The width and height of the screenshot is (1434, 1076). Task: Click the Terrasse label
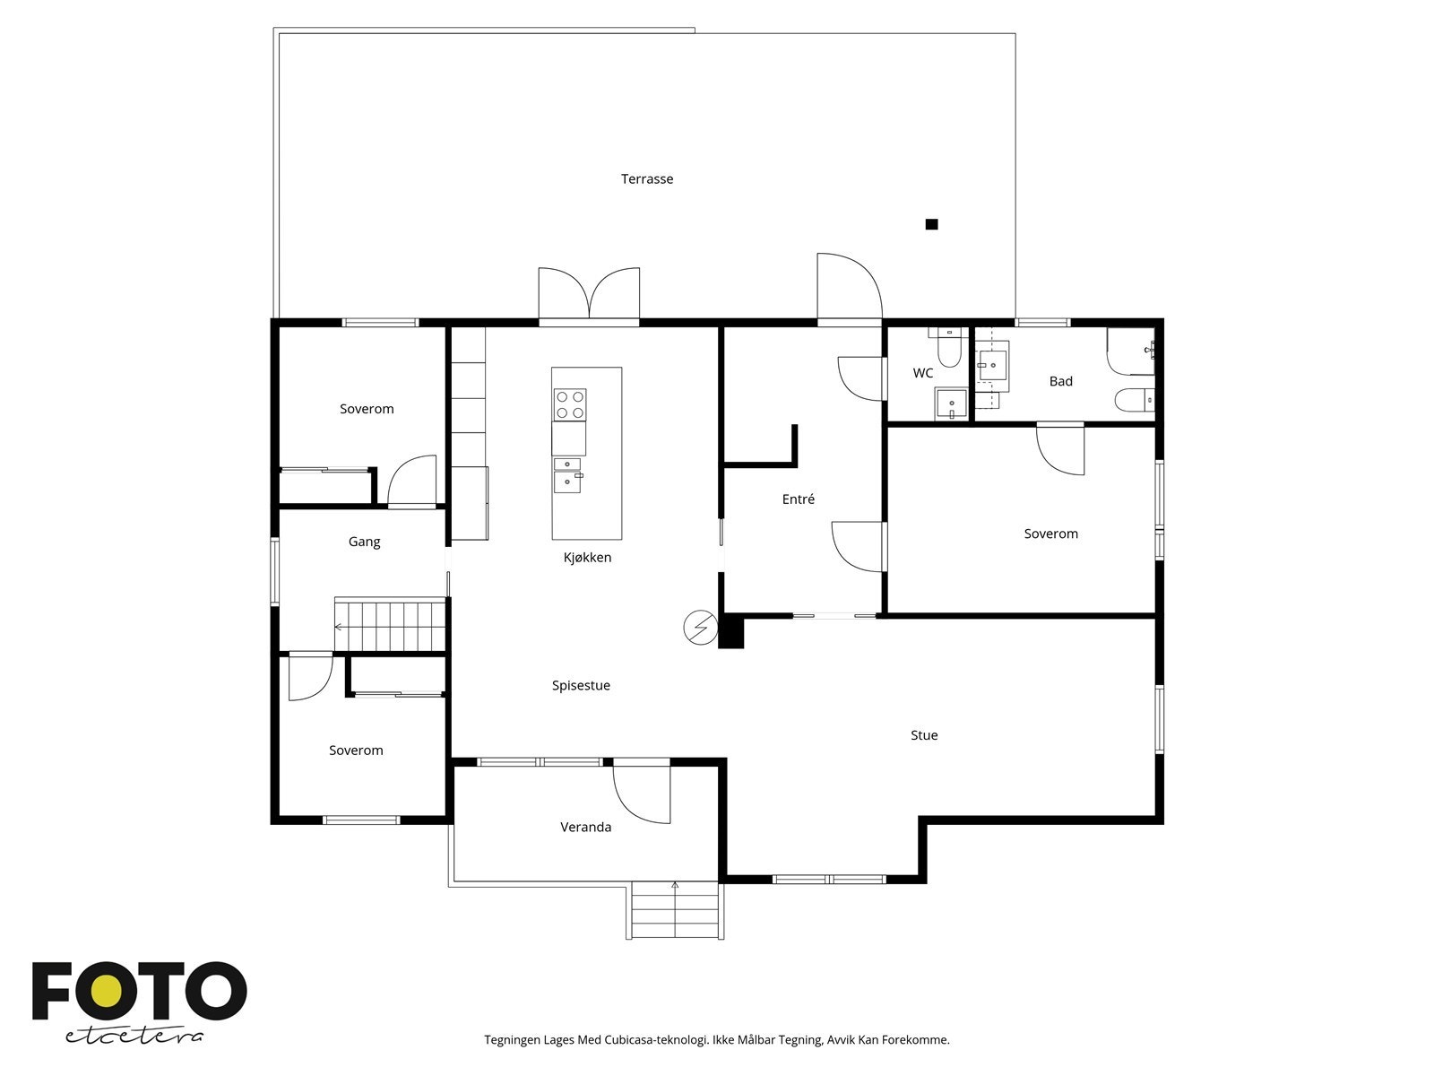point(647,179)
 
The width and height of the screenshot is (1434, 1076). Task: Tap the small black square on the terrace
point(931,224)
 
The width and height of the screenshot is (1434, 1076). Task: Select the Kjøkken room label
point(587,557)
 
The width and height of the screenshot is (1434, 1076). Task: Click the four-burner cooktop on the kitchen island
point(570,404)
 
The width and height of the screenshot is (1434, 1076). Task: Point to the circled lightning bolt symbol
point(700,628)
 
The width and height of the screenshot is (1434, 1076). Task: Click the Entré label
point(799,499)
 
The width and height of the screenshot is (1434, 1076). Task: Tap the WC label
point(922,373)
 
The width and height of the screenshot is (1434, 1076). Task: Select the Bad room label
point(1061,381)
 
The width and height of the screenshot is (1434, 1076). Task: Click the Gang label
point(364,542)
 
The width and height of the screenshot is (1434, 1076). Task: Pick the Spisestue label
point(581,685)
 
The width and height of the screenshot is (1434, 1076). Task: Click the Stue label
point(924,735)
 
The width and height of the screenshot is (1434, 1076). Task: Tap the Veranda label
point(586,827)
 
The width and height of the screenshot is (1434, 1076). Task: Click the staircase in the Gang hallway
point(390,625)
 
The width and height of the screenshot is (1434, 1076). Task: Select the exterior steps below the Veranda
point(676,911)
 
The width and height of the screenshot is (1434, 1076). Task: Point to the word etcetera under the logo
point(134,1037)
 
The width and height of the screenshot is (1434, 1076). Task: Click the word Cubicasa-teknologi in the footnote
point(656,1040)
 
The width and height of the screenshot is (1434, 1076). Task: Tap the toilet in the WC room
point(948,348)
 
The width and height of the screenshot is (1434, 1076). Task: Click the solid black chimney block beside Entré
point(731,630)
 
